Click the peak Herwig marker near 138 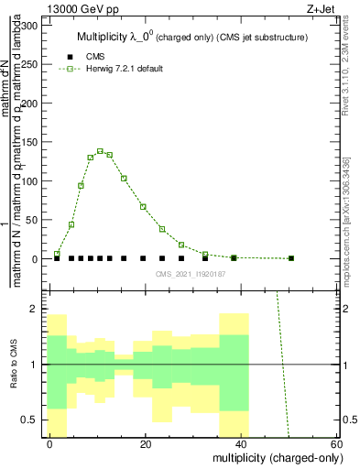point(100,151)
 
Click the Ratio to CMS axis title point(15,365)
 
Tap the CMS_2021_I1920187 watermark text point(189,273)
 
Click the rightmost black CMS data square point(291,258)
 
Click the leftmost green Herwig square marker point(57,254)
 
